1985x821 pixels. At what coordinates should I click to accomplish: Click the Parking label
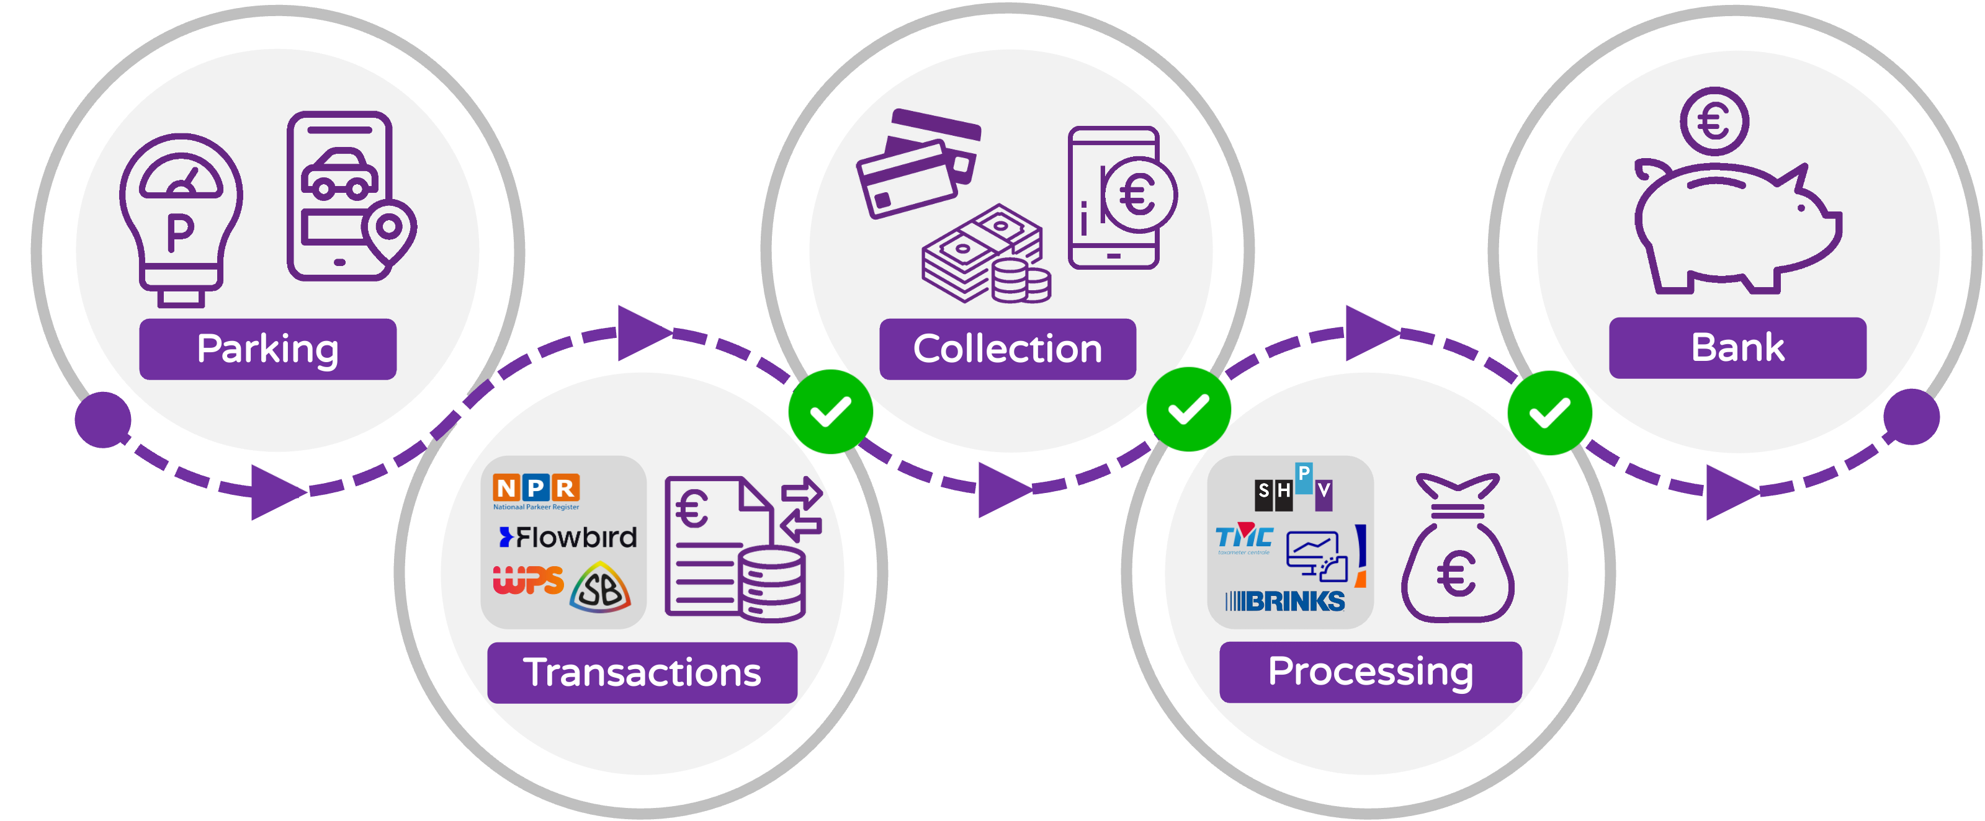(x=267, y=349)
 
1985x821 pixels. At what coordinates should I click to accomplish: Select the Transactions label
(x=642, y=672)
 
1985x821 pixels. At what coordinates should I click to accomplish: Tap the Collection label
(x=1007, y=349)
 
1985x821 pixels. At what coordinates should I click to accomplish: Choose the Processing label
(x=1370, y=672)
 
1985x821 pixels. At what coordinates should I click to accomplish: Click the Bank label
(x=1737, y=347)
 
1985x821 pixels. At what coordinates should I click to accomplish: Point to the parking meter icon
(x=181, y=220)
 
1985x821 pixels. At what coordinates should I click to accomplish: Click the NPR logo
(x=536, y=490)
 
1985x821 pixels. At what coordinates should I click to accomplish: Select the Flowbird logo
(x=568, y=537)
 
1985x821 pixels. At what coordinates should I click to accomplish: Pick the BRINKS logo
(x=1284, y=601)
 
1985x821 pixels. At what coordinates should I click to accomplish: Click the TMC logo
(x=1243, y=538)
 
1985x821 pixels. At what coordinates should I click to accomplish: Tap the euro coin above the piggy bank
(x=1714, y=122)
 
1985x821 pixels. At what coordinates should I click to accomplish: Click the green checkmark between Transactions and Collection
(x=831, y=410)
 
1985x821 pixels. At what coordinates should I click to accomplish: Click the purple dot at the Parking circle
(x=102, y=420)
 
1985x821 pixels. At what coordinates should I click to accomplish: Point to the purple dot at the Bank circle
(x=1911, y=417)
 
